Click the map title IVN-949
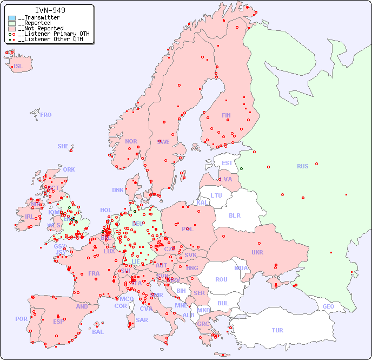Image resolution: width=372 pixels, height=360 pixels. point(50,10)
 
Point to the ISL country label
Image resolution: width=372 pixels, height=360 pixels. point(18,67)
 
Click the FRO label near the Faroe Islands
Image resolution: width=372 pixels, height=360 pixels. point(46,115)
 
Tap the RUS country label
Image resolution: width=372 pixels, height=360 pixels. point(302,166)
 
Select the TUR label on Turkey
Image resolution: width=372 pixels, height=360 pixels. point(277,330)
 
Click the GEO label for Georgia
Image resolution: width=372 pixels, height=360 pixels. point(328,306)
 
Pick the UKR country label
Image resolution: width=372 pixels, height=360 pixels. point(257,252)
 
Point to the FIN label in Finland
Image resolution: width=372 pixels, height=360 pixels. point(226,115)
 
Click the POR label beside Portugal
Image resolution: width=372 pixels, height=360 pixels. point(21,319)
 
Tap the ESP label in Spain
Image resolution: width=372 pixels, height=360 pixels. point(58,322)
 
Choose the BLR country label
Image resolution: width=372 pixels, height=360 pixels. point(234,215)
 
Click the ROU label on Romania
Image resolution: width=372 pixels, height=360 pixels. point(221,279)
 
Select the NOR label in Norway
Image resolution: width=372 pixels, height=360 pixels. point(131,141)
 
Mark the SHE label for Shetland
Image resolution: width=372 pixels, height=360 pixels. point(63,146)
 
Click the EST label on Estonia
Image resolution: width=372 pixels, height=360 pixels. point(227,163)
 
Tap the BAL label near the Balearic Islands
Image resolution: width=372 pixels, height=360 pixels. point(98,332)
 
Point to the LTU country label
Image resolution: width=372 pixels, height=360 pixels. point(216,195)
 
